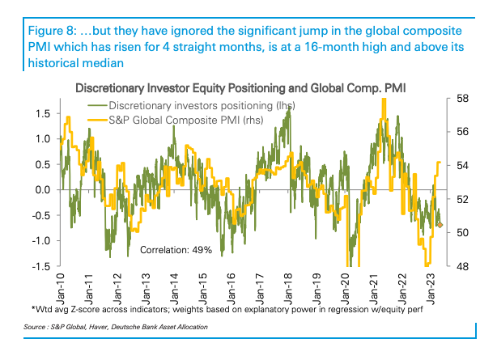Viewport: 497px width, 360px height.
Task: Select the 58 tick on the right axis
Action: pos(463,99)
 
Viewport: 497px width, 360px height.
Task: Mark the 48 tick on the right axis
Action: pos(463,266)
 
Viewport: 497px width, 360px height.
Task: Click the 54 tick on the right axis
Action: pos(463,166)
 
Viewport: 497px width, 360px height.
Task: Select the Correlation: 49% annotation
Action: pos(176,250)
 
